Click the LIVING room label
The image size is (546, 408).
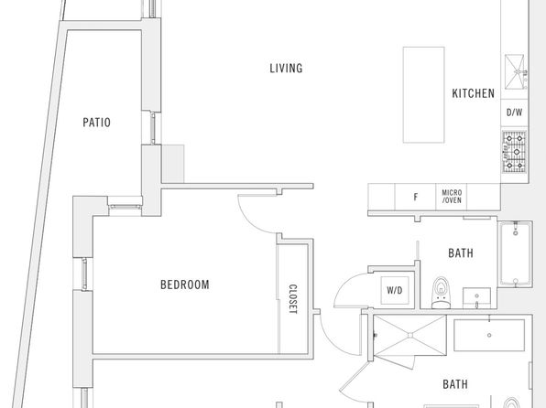[286, 68]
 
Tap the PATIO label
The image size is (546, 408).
[96, 123]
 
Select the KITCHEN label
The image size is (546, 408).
[474, 93]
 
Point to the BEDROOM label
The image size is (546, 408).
[185, 285]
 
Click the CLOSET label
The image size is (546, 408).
[293, 299]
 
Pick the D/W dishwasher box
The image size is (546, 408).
[514, 113]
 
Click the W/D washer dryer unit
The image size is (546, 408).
[395, 290]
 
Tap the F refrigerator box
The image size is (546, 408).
[415, 198]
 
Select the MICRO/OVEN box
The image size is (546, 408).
[452, 197]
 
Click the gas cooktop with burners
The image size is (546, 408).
[514, 152]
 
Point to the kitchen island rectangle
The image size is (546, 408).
[424, 94]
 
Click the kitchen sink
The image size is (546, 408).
[516, 72]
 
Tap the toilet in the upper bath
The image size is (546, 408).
[441, 293]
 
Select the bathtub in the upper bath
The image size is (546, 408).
[516, 253]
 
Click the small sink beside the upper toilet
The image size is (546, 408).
[476, 298]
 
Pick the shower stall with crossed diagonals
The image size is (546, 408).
[409, 336]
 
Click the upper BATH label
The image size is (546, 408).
[461, 253]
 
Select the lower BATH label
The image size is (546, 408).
[455, 384]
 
